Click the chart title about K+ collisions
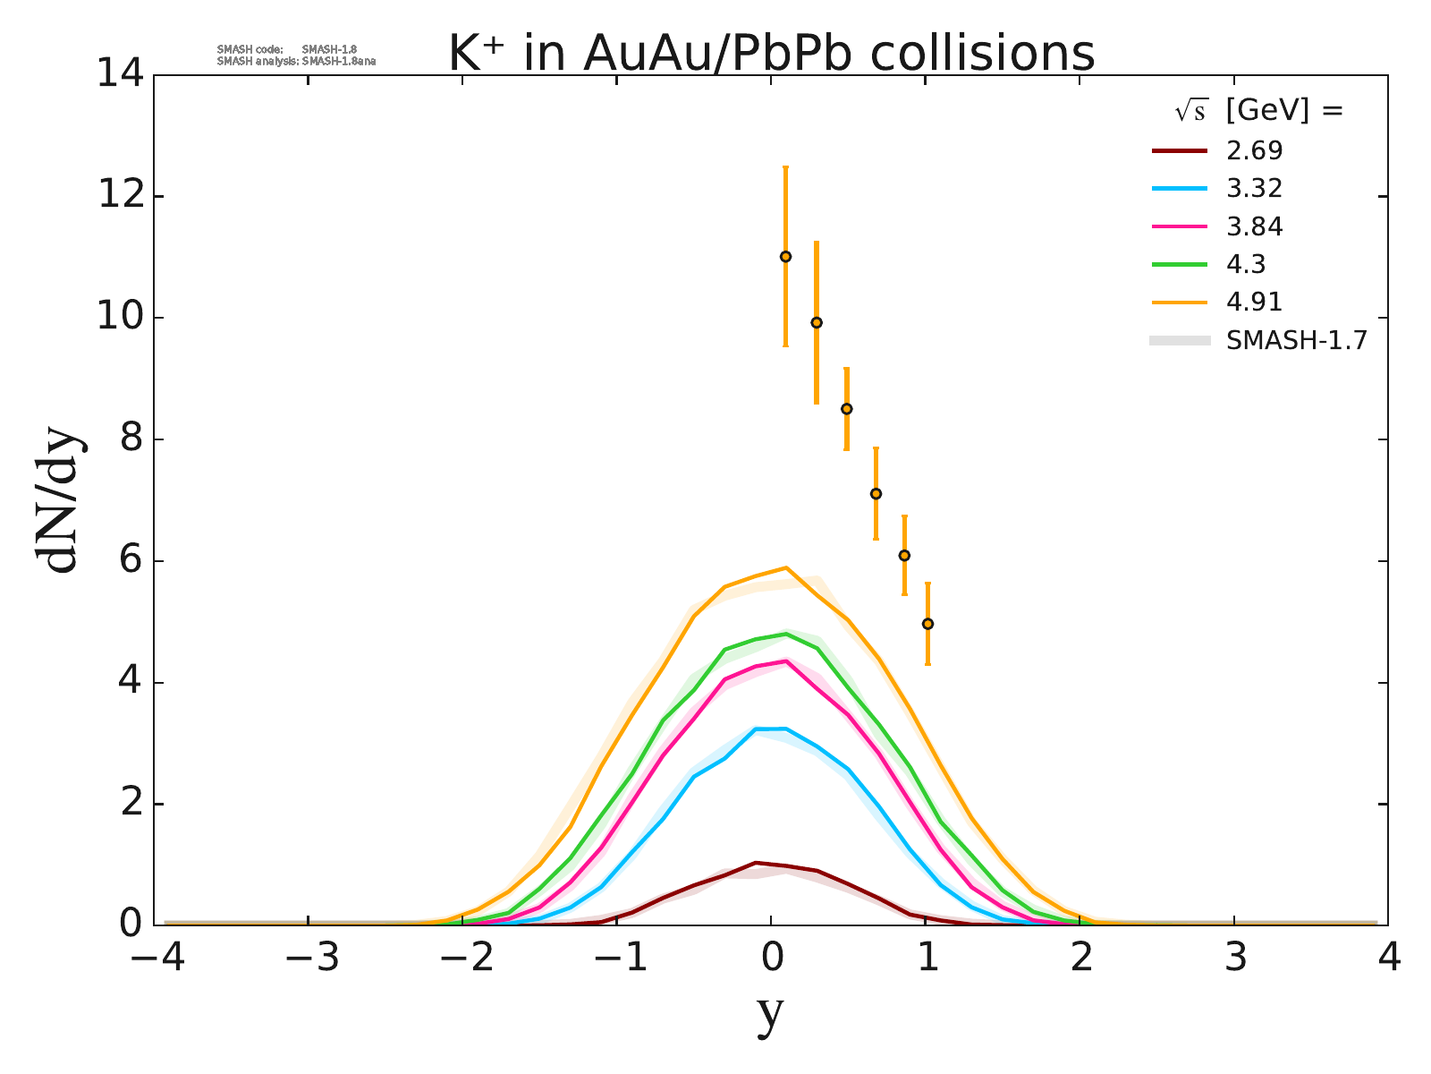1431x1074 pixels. [x=771, y=54]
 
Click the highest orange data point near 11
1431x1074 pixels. [x=785, y=257]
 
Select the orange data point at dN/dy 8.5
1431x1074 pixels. [x=846, y=409]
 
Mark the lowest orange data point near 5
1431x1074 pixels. [x=927, y=624]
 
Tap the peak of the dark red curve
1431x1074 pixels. [x=756, y=863]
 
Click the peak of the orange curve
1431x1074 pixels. [x=785, y=567]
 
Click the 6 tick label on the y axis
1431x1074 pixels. [x=129, y=561]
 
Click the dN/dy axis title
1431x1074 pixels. [x=58, y=501]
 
